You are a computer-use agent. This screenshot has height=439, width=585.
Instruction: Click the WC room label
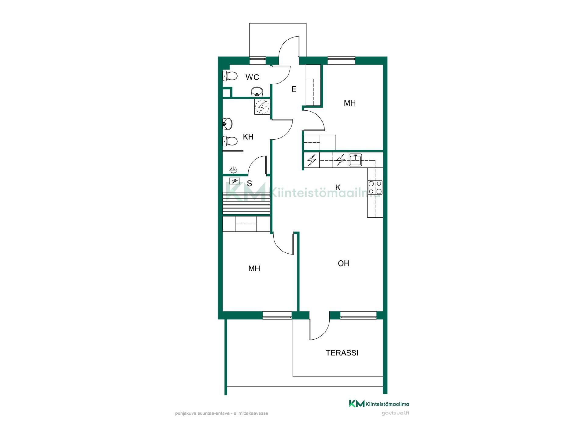pyautogui.click(x=252, y=77)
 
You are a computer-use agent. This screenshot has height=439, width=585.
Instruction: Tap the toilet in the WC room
pyautogui.click(x=230, y=76)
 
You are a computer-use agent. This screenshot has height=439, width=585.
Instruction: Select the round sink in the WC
pyautogui.click(x=257, y=91)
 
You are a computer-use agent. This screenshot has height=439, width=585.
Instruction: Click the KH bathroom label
pyautogui.click(x=248, y=137)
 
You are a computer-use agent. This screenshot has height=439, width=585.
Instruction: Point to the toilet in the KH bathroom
pyautogui.click(x=230, y=141)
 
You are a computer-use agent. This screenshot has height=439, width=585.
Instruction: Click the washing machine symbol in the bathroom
pyautogui.click(x=262, y=107)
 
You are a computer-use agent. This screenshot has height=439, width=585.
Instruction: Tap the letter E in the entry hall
pyautogui.click(x=294, y=89)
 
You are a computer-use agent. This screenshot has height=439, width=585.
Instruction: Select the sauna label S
pyautogui.click(x=250, y=183)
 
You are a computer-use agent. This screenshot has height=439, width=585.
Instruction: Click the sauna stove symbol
pyautogui.click(x=234, y=181)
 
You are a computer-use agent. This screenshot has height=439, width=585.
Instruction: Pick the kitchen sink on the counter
pyautogui.click(x=355, y=159)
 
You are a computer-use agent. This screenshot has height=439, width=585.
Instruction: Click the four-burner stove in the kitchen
pyautogui.click(x=375, y=187)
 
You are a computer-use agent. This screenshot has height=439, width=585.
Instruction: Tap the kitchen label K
pyautogui.click(x=338, y=187)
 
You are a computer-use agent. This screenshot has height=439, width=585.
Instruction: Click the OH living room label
pyautogui.click(x=343, y=263)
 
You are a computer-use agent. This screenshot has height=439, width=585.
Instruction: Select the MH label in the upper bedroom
pyautogui.click(x=349, y=103)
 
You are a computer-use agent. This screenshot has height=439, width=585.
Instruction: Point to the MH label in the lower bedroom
pyautogui.click(x=254, y=269)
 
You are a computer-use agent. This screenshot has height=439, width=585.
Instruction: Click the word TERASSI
pyautogui.click(x=342, y=353)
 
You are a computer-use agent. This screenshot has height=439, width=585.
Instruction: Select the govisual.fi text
pyautogui.click(x=395, y=413)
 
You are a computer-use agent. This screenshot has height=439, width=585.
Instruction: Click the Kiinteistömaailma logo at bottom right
pyautogui.click(x=379, y=404)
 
